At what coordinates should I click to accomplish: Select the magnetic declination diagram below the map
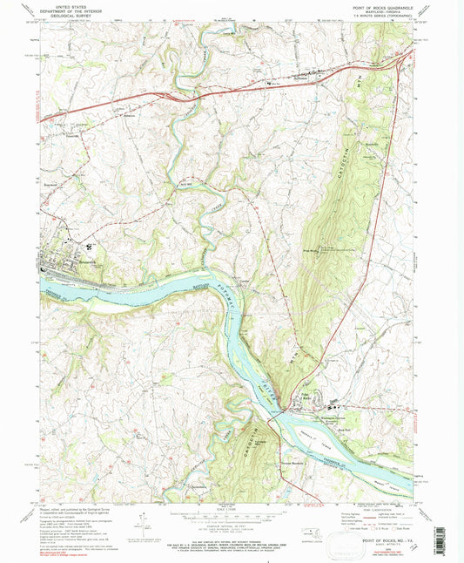point(142,523)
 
